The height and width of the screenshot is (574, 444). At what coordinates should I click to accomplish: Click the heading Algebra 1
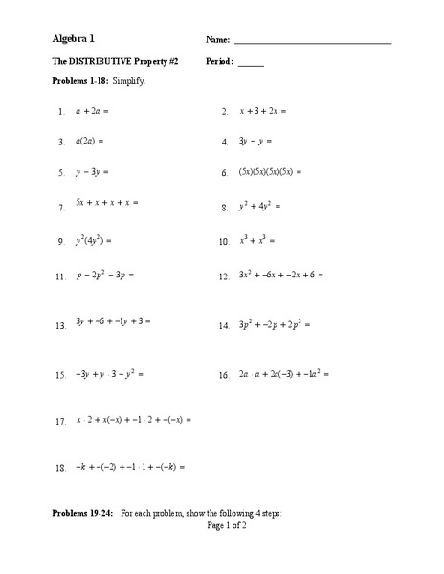pos(74,40)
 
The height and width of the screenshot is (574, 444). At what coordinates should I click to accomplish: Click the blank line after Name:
pos(312,43)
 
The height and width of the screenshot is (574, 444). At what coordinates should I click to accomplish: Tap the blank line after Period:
pos(251,64)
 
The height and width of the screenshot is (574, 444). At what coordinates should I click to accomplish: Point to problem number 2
pos(224,112)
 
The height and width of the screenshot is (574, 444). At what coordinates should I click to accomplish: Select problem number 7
pos(61,207)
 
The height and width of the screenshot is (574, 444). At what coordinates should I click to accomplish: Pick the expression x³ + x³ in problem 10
pos(259,242)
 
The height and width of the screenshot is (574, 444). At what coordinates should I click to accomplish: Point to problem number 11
pos(60,276)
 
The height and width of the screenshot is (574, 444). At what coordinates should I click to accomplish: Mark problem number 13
pos(60,326)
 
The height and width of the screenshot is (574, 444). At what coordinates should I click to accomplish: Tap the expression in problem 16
pos(284,374)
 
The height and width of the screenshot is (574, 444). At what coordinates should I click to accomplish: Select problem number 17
pos(60,422)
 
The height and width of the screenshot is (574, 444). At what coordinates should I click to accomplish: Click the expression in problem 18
pos(129,468)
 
